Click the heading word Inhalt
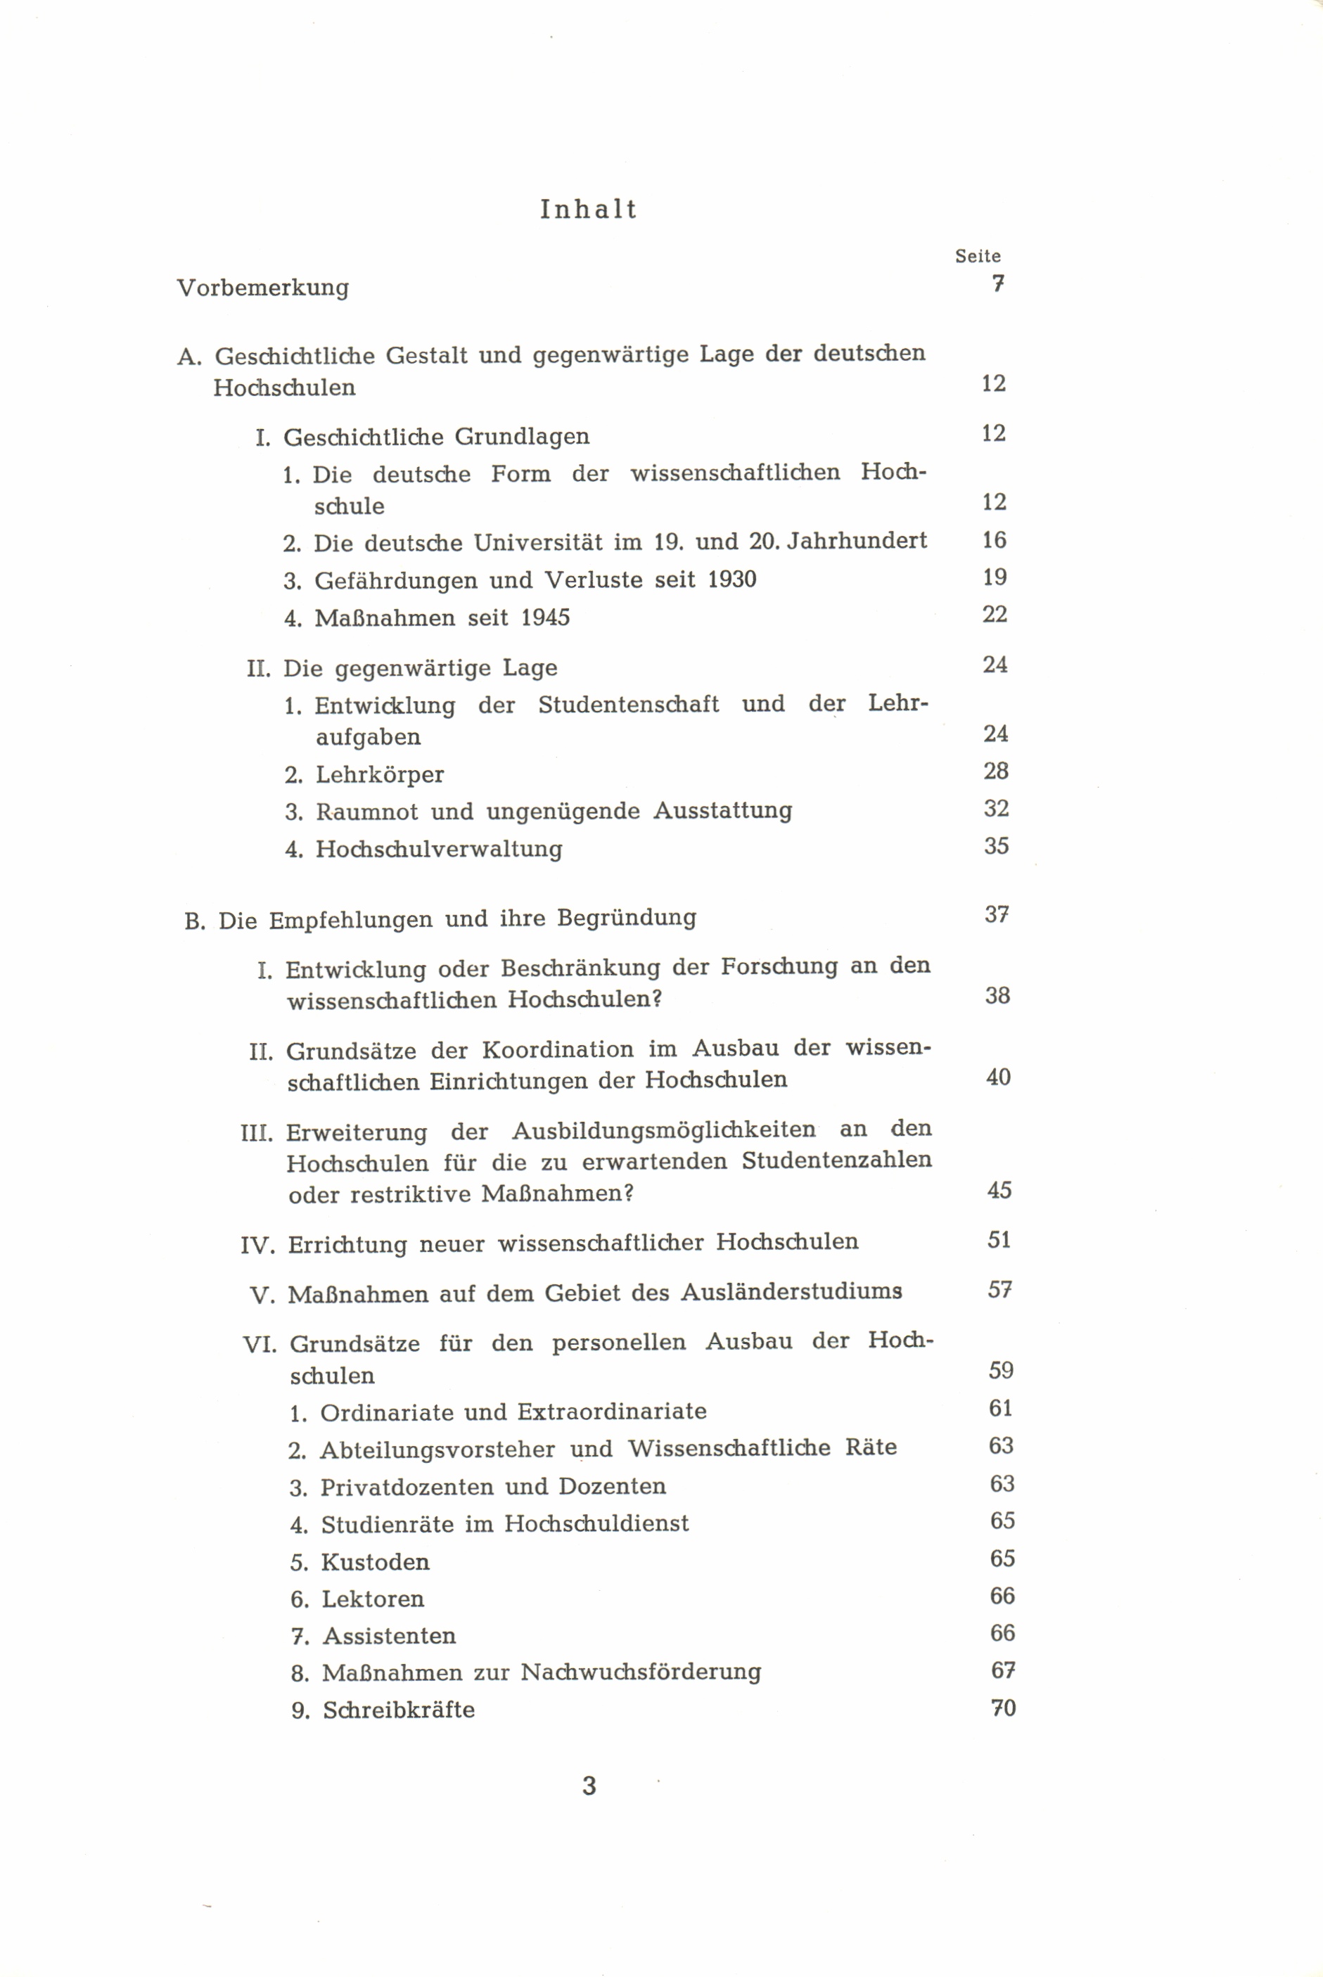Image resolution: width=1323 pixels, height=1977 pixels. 588,210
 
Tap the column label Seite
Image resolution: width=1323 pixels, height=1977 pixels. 977,257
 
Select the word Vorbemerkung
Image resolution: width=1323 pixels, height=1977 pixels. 262,288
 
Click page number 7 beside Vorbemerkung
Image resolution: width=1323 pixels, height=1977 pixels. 997,283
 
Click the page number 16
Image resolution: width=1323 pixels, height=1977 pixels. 994,540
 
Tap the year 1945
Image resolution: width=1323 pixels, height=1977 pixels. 545,618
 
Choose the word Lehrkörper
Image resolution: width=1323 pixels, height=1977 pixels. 380,774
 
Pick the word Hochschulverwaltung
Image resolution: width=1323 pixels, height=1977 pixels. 439,849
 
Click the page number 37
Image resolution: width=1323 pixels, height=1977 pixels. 997,915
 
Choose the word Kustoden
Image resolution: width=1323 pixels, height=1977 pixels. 376,1562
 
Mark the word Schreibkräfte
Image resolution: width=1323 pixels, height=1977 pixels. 399,1710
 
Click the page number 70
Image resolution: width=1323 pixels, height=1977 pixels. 1002,1708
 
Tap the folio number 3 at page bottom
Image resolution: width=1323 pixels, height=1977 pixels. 589,1786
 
